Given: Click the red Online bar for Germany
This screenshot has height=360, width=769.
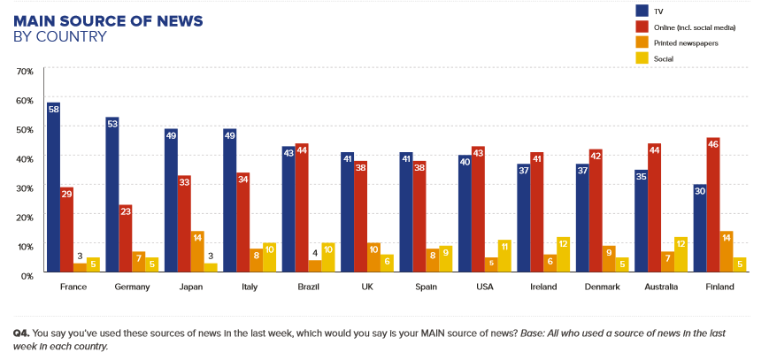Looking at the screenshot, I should (125, 240).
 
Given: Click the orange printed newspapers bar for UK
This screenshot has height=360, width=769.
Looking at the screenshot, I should (374, 259).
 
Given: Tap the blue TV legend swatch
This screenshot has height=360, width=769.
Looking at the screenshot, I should (642, 11).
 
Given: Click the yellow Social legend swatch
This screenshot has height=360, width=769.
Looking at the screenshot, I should (642, 58).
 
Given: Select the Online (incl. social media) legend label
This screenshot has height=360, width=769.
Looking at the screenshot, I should (695, 27).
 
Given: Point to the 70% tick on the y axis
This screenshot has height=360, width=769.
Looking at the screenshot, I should (26, 71).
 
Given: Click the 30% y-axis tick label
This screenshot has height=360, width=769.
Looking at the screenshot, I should (26, 188).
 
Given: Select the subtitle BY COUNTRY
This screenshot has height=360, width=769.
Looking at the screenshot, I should (59, 37).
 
